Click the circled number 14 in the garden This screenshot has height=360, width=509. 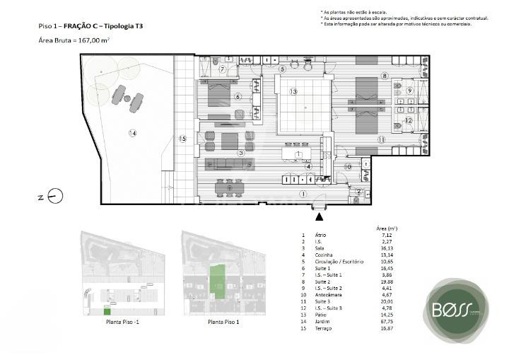131,133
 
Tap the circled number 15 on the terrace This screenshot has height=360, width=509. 182,139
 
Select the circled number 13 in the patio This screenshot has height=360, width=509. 293,92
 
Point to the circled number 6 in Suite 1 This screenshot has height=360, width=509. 238,97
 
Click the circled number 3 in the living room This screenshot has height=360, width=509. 240,153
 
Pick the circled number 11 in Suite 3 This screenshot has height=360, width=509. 381,140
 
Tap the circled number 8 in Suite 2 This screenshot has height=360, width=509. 385,76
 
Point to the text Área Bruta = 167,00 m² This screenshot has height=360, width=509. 74,41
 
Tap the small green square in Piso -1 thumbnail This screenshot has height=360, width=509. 107,311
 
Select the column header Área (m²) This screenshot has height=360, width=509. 385,228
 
